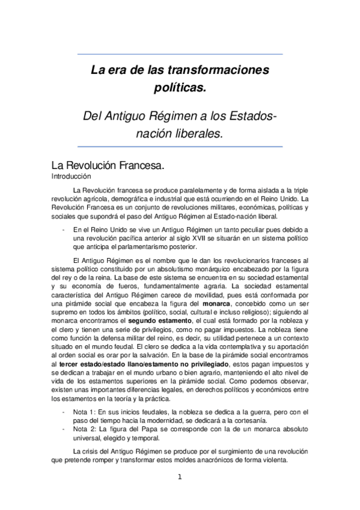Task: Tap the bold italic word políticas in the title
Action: coord(180,88)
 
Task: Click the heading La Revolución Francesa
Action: coord(108,165)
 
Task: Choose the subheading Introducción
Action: coord(71,177)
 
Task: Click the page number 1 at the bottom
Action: coord(179,478)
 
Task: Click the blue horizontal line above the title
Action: coord(180,54)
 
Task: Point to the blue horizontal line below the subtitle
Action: coord(180,146)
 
